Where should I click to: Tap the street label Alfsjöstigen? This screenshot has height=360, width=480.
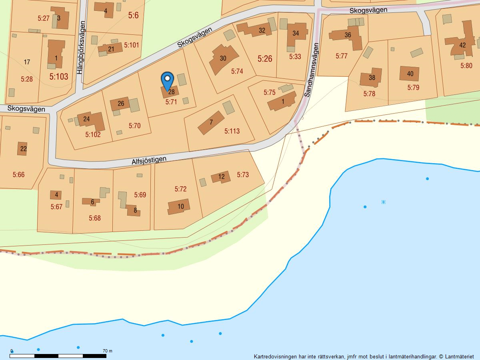pyautogui.click(x=149, y=161)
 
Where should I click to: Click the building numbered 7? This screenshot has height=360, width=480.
pyautogui.click(x=211, y=122)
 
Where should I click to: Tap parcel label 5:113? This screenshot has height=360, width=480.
pyautogui.click(x=232, y=131)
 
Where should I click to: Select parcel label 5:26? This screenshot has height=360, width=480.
pyautogui.click(x=265, y=59)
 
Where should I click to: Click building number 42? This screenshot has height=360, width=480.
pyautogui.click(x=462, y=45)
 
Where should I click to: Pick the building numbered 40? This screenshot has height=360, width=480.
pyautogui.click(x=410, y=74)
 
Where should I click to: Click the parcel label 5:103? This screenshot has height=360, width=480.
pyautogui.click(x=59, y=76)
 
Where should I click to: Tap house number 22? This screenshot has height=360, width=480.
pyautogui.click(x=23, y=149)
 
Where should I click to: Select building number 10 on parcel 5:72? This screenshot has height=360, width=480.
pyautogui.click(x=180, y=206)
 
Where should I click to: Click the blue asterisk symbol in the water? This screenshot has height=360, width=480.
pyautogui.click(x=383, y=202)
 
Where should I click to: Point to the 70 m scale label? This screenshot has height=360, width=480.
pyautogui.click(x=107, y=351)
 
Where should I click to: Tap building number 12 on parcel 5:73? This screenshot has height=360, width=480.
pyautogui.click(x=221, y=176)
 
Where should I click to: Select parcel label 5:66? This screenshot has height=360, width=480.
pyautogui.click(x=18, y=174)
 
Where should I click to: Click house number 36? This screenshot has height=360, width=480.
pyautogui.click(x=348, y=35)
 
